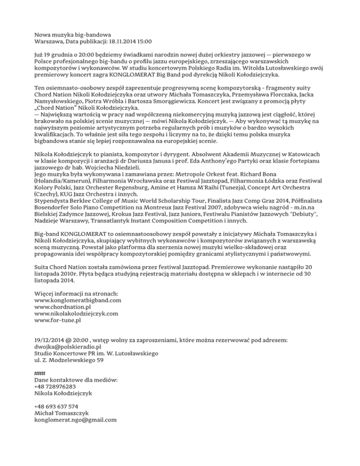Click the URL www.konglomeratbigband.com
click(78, 300)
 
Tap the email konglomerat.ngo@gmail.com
click(75, 420)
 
